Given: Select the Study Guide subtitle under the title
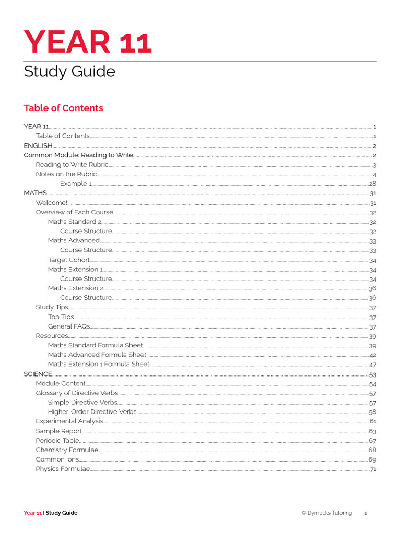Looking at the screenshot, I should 69,71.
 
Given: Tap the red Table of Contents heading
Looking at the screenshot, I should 63,108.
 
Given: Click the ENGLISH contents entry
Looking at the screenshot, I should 38,145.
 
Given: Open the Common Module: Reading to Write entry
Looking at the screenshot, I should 78,155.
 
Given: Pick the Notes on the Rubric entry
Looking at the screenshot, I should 66,174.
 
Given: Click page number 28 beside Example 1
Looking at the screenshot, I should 372,184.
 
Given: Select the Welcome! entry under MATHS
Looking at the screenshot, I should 51,203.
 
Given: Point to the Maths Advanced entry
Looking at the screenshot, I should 74,240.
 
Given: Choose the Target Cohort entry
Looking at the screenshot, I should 69,260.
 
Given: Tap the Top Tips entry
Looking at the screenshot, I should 61,317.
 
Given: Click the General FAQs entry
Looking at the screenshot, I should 69,326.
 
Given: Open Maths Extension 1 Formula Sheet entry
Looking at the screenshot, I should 99,364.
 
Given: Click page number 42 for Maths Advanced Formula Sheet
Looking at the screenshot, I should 372,355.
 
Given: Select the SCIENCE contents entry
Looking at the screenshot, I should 38,374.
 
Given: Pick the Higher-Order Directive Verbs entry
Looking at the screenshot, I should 92,411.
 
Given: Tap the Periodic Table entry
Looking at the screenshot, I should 57,441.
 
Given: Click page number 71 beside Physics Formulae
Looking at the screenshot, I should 373,469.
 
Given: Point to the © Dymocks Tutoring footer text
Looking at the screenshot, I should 326,513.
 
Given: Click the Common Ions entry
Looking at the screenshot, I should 57,459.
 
